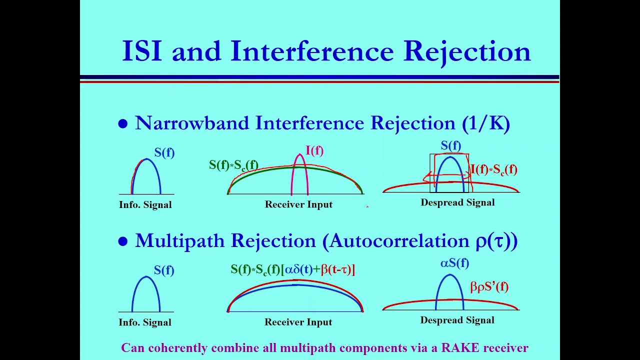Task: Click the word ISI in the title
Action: pyautogui.click(x=142, y=51)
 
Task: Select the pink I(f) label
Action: pyautogui.click(x=314, y=150)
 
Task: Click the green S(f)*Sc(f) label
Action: pyautogui.click(x=233, y=165)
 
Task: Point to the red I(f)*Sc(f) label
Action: pyautogui.click(x=494, y=170)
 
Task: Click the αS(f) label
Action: pyautogui.click(x=455, y=263)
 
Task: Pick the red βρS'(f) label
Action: pyautogui.click(x=489, y=287)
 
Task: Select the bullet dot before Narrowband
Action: pyautogui.click(x=123, y=124)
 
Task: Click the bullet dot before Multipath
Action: pyautogui.click(x=123, y=241)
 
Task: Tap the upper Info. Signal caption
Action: pyautogui.click(x=145, y=205)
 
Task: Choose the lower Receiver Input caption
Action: pyautogui.click(x=298, y=322)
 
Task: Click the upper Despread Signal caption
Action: pyautogui.click(x=457, y=202)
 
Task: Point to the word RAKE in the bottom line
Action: pyautogui.click(x=460, y=347)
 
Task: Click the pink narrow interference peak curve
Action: pyautogui.click(x=299, y=155)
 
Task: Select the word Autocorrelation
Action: pyautogui.click(x=399, y=241)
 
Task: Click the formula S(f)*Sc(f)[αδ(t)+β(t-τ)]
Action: pyautogui.click(x=293, y=270)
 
